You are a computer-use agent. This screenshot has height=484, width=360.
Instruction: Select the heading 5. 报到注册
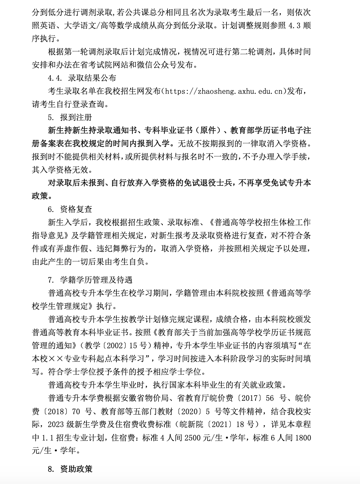[x=70, y=117]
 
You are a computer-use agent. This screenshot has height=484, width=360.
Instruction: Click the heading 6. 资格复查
[x=70, y=209]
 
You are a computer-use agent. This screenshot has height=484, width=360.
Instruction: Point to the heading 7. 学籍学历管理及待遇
[x=90, y=280]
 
